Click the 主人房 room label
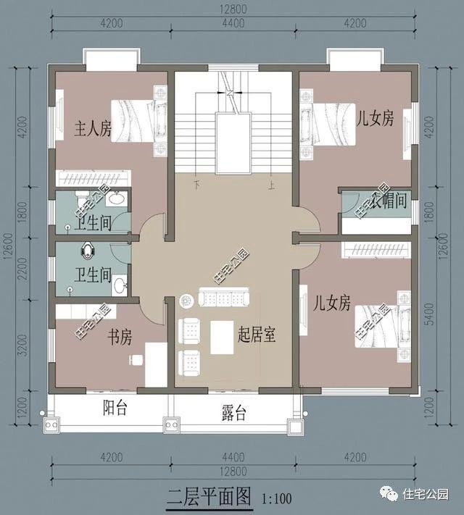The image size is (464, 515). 93,129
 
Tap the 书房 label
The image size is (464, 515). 120,337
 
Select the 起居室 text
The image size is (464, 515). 259,335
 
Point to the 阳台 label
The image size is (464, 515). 115,408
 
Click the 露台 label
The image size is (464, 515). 233,414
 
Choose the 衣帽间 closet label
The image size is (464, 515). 391,201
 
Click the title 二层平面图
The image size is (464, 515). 209,497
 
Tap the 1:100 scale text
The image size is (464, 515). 276,499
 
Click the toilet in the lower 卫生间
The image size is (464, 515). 88,249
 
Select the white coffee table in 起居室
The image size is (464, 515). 222,337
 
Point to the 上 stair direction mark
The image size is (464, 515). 270,185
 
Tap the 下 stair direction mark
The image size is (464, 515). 196,185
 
